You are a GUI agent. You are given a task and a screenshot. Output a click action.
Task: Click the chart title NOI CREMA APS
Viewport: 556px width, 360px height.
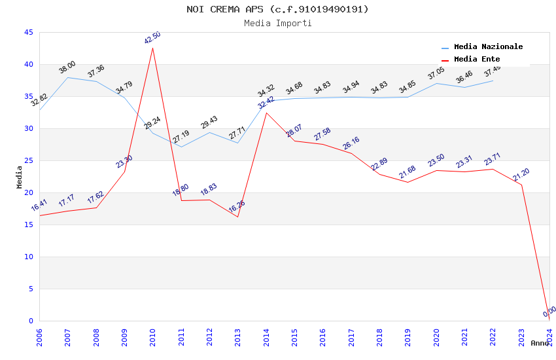pos(277,9)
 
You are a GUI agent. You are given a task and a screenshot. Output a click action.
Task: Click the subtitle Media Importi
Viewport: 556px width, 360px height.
pos(277,23)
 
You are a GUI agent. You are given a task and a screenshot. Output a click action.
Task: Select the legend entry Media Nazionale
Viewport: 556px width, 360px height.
pos(488,47)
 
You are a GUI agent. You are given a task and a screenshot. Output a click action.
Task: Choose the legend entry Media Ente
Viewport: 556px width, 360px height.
pos(477,60)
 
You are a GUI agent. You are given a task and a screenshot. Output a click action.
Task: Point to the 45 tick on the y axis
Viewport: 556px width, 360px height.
pos(28,33)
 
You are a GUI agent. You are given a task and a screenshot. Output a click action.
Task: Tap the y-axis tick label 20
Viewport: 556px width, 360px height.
pos(28,193)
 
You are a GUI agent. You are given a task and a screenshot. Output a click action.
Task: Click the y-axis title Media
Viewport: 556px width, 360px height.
pos(20,177)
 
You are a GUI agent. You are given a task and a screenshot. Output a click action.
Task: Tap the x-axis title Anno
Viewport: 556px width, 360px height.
pos(540,344)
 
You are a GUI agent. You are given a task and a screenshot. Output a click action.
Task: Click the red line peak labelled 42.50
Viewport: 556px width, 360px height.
pos(152,48)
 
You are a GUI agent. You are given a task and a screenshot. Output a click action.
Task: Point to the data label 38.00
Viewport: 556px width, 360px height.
pos(67,67)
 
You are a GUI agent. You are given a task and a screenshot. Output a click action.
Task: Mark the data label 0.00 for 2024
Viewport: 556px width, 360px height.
pos(549,311)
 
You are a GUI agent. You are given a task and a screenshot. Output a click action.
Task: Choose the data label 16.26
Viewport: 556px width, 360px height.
pos(237,206)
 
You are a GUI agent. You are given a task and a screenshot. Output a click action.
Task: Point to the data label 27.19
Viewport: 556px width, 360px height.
pos(181,136)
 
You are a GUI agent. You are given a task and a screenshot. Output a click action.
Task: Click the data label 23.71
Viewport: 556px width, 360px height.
pos(493,159)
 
